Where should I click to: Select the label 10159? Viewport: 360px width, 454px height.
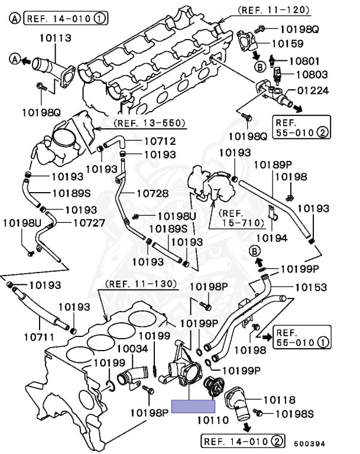point(288,43)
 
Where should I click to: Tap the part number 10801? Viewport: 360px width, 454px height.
point(312,60)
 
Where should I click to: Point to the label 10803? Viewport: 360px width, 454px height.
point(312,74)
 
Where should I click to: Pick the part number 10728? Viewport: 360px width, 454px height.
point(153,193)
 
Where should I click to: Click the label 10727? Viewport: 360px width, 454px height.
point(89,223)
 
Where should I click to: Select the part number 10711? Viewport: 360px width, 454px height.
point(40,337)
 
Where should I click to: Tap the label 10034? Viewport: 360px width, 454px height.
point(132,349)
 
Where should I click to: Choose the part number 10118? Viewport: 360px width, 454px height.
point(279,400)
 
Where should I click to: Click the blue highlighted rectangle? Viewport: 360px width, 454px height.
point(193,406)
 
